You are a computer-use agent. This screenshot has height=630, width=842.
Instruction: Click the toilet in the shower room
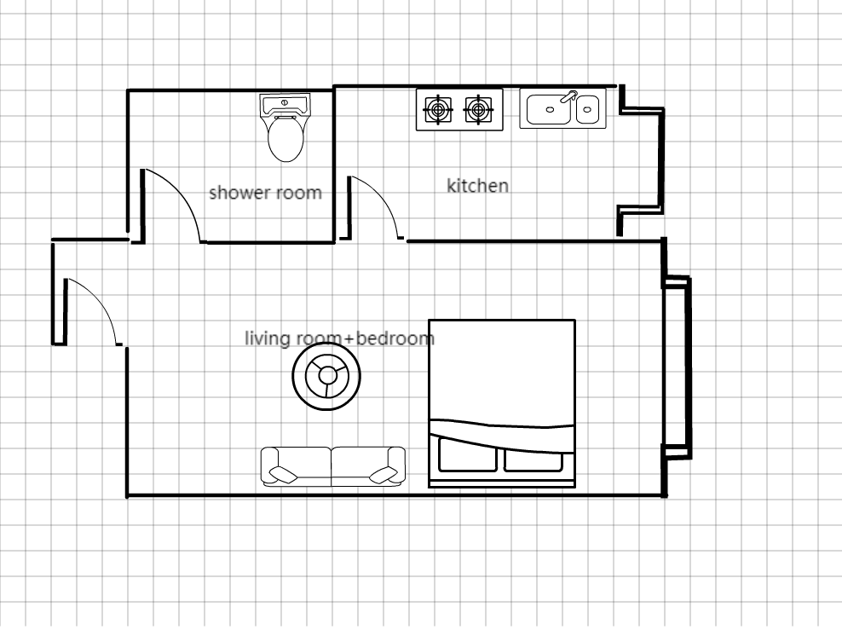click(x=285, y=128)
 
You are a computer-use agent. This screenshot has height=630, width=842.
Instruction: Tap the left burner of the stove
click(x=438, y=110)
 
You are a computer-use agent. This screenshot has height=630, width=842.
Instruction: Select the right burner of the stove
click(x=478, y=110)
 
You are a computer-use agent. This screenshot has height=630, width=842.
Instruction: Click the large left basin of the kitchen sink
click(x=549, y=109)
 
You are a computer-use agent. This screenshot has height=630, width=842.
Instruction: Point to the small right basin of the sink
click(x=587, y=109)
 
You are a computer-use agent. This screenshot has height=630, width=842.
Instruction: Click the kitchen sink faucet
click(x=568, y=96)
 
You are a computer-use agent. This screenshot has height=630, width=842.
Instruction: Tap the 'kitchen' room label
click(x=477, y=186)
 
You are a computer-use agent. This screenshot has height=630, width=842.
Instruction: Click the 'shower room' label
click(x=265, y=193)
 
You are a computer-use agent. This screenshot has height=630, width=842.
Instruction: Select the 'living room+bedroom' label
click(x=339, y=338)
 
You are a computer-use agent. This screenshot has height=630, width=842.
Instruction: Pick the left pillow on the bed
click(x=468, y=455)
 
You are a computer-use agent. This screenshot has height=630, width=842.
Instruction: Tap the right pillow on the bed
click(x=533, y=458)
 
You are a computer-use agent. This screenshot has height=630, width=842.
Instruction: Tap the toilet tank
click(x=285, y=104)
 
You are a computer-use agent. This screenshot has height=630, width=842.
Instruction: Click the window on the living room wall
click(x=678, y=367)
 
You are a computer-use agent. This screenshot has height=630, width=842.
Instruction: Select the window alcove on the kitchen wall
click(x=642, y=160)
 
